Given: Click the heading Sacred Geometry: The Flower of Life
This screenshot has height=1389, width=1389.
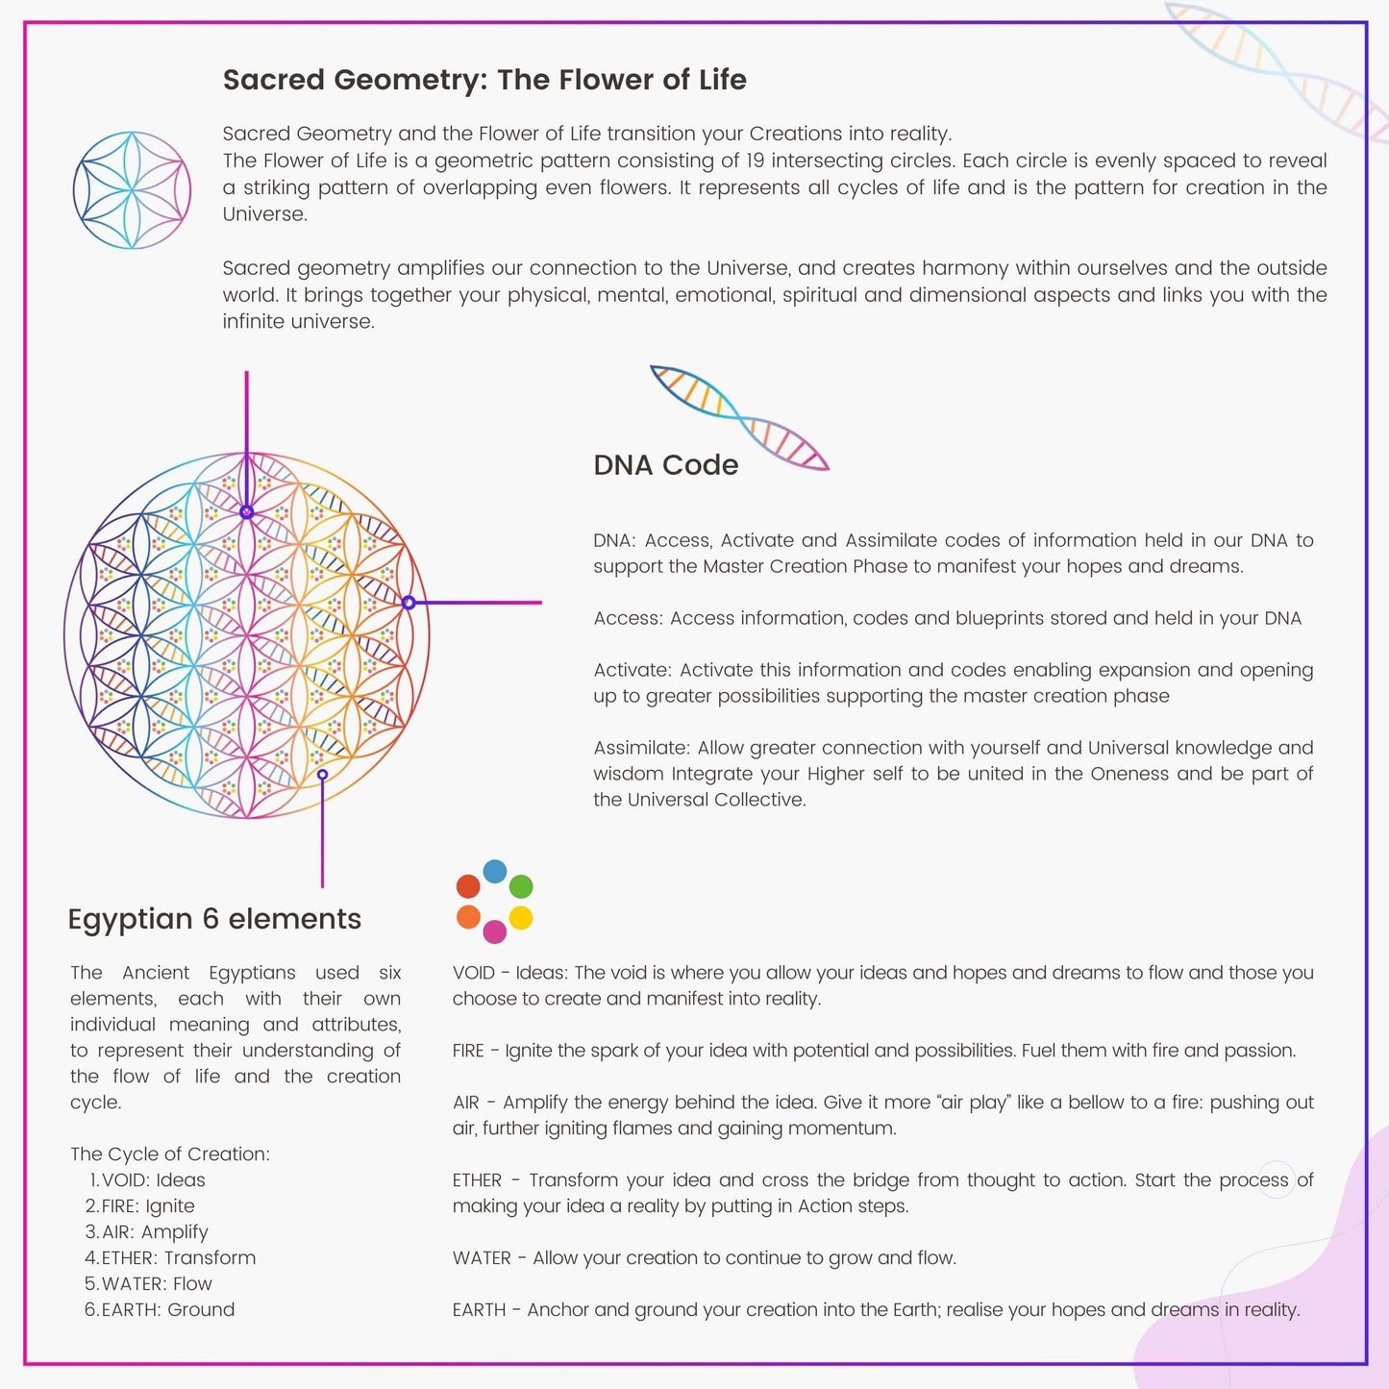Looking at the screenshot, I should [x=484, y=80].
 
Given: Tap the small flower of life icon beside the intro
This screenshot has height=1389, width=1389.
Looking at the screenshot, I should [x=132, y=190].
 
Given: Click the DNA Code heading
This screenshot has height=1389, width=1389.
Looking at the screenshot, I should [x=666, y=465].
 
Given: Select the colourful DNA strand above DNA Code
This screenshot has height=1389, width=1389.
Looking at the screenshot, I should [x=739, y=418].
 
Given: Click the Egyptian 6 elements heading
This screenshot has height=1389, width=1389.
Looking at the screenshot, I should [x=214, y=919].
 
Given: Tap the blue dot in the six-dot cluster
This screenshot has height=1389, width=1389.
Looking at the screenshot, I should [x=495, y=871].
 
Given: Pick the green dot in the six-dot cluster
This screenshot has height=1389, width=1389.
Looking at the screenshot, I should [x=521, y=886].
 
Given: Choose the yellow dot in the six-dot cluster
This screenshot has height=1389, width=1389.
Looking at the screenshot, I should [x=521, y=917].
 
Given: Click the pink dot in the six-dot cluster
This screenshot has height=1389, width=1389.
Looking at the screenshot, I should [x=495, y=931].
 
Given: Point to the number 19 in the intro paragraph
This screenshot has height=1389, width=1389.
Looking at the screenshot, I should [x=756, y=161].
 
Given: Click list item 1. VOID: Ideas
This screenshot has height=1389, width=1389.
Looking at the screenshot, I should [x=147, y=1180].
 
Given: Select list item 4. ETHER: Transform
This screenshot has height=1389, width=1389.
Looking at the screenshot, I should [x=170, y=1258].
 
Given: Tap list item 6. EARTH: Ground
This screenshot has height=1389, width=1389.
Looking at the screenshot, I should [x=160, y=1310].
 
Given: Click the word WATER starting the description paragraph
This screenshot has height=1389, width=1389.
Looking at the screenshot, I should [x=482, y=1258].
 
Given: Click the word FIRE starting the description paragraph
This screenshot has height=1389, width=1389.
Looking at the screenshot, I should [x=468, y=1051].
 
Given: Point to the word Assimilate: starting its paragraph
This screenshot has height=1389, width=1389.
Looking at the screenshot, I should [x=642, y=748].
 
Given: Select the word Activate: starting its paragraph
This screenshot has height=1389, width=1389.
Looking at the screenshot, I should [x=632, y=670].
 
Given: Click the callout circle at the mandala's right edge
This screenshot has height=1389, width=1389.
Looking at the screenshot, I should [x=409, y=603].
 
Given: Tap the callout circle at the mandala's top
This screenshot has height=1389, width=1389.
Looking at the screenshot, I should [x=247, y=512].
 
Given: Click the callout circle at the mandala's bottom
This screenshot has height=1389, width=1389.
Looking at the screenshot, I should [x=322, y=775].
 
